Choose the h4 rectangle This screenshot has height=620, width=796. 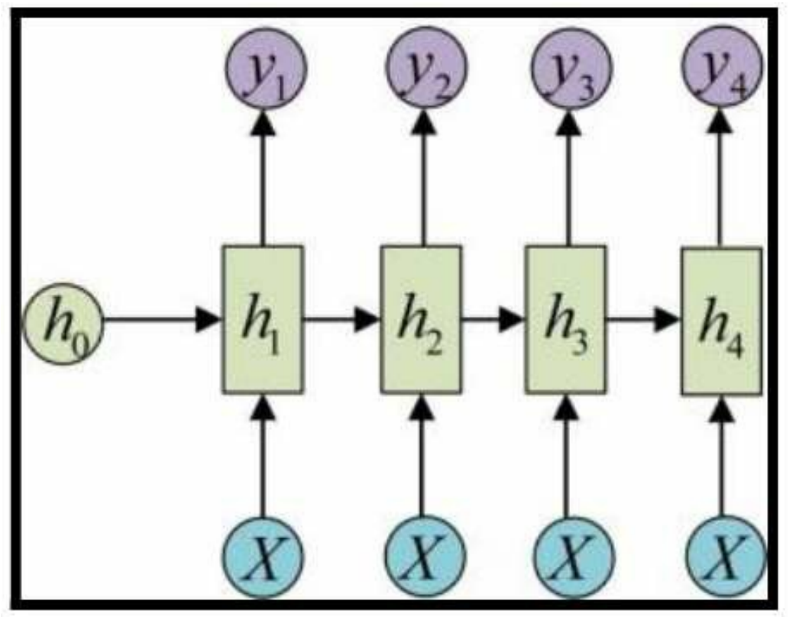tap(720, 321)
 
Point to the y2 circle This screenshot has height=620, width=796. tap(422, 68)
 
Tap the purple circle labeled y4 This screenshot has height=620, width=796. tap(723, 68)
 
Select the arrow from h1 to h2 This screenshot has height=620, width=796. tap(341, 321)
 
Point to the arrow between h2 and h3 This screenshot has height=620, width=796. tap(493, 321)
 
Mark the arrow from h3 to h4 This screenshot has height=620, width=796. tap(642, 321)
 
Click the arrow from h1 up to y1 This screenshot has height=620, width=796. tap(264, 176)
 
